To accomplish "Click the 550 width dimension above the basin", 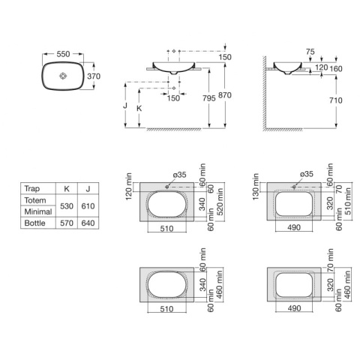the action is coord(63,54).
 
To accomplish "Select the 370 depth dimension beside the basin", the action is coord(94,76).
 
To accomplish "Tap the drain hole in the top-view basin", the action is coord(63,76).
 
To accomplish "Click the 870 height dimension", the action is coord(225,95).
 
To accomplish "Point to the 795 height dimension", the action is coord(209,98).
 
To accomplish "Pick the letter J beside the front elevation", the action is coord(125,106).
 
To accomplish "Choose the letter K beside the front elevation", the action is coord(139,109).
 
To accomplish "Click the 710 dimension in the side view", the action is coord(335,100).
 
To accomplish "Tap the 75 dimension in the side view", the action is coord(310,52).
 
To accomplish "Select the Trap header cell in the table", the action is coord(32,188).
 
